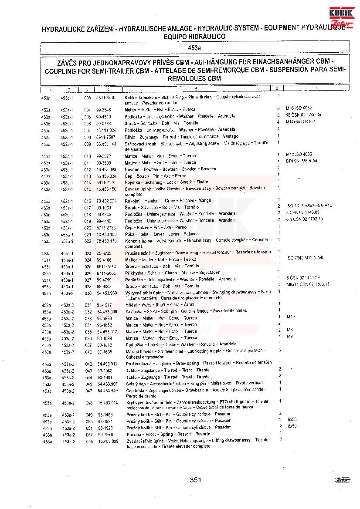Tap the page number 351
tap(195, 480)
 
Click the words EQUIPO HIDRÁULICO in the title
tap(195, 37)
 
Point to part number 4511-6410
tap(105, 98)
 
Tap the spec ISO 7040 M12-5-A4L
tap(305, 258)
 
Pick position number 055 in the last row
tap(89, 441)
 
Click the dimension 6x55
tap(292, 419)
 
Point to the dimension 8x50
tap(292, 426)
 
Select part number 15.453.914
tap(107, 403)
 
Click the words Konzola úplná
tap(138, 241)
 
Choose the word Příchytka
tap(135, 273)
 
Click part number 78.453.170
tap(107, 241)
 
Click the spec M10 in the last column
tap(291, 317)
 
